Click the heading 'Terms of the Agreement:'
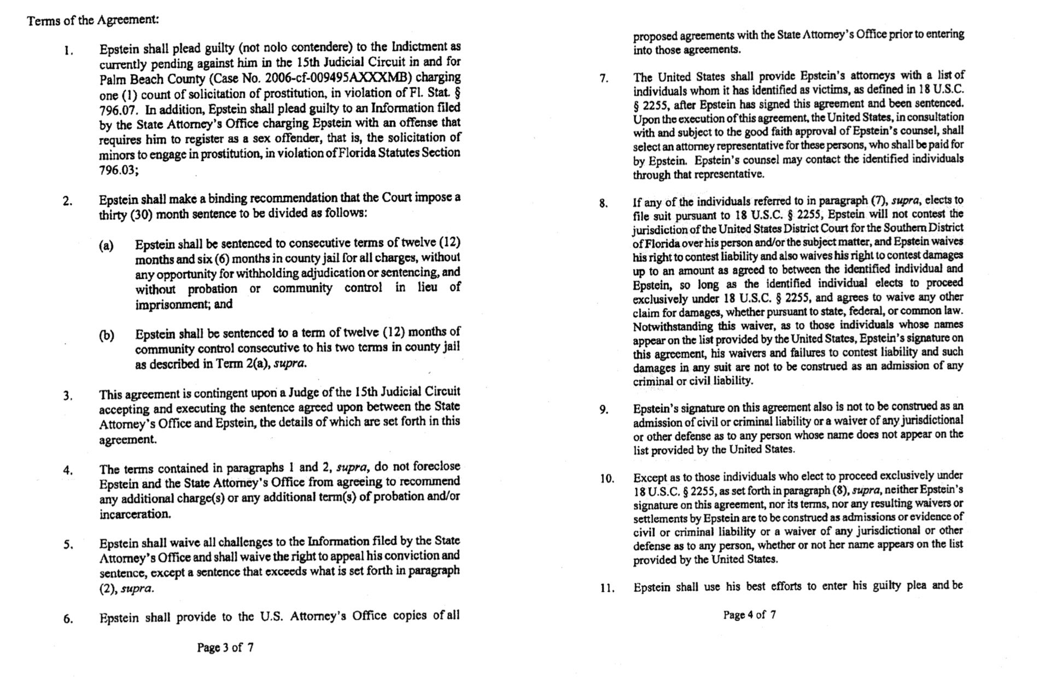tap(93, 20)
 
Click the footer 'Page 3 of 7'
tap(225, 648)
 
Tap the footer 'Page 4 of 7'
tap(749, 615)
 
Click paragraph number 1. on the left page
tap(68, 52)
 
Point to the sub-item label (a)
tap(106, 246)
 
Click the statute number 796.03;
tap(119, 170)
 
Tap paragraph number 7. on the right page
tap(604, 79)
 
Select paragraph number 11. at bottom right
tap(607, 588)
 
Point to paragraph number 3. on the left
tap(68, 396)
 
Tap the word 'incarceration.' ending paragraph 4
tap(135, 514)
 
